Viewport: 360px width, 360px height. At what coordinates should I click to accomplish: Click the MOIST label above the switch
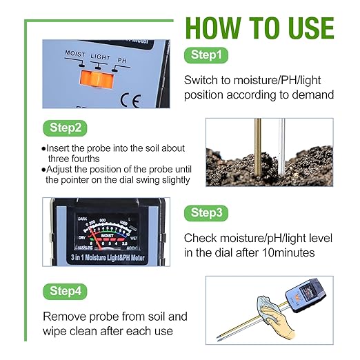[x=76, y=54]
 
